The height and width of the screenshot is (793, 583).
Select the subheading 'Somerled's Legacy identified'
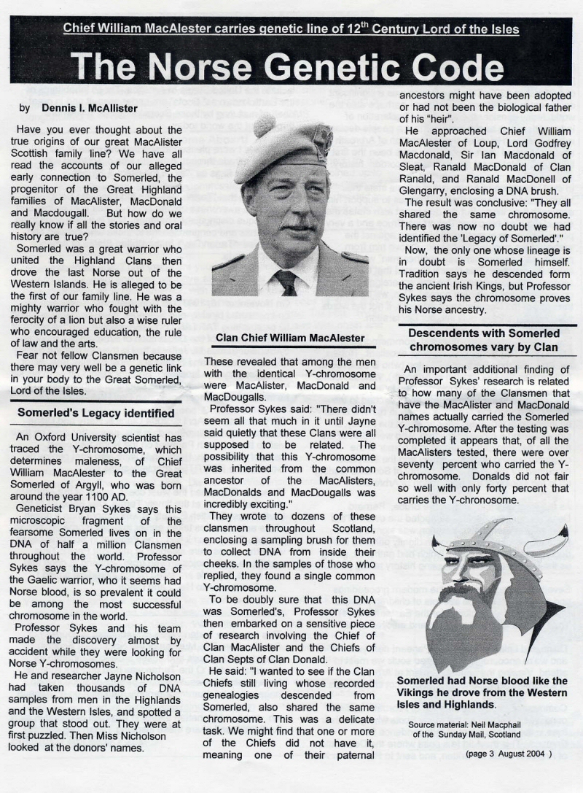91,414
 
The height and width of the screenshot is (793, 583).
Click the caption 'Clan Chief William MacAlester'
289,338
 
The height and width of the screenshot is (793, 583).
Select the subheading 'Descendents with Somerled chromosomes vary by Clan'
484,340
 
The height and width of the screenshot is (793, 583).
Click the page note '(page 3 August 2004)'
509,752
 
